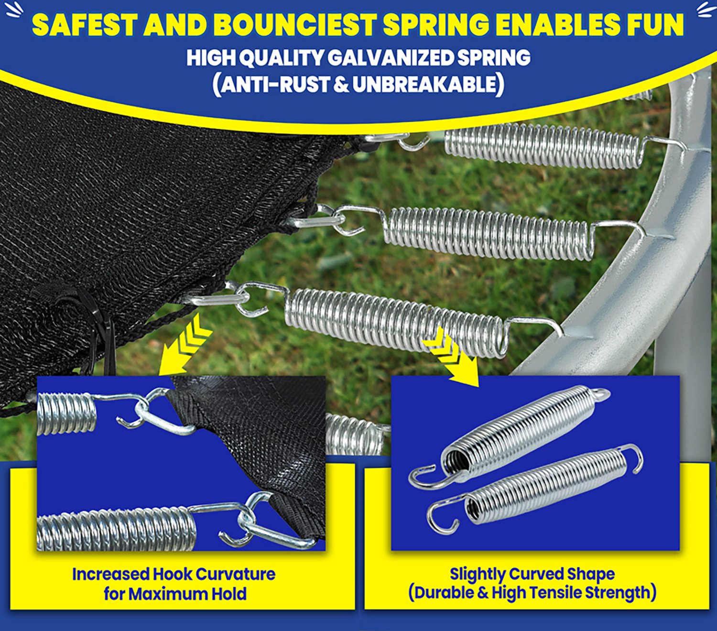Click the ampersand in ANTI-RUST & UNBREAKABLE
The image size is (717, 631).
(341, 85)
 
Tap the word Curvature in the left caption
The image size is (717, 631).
(235, 574)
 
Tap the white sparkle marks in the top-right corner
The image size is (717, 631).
(706, 9)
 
